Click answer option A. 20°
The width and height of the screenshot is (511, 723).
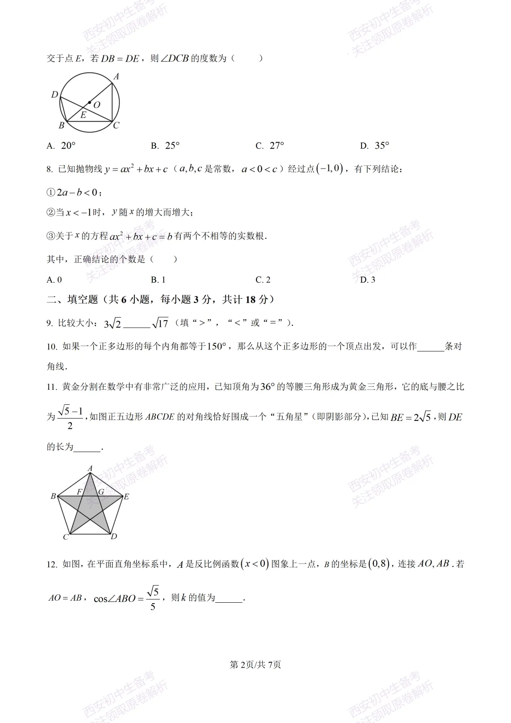click(61, 146)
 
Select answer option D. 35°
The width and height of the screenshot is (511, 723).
click(374, 146)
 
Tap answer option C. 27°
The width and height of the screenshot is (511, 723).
click(270, 146)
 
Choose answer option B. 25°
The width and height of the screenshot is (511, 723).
click(165, 146)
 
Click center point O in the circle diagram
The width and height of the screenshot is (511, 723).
click(89, 102)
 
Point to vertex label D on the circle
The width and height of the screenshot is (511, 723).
click(54, 95)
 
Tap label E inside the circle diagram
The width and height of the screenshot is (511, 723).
click(83, 115)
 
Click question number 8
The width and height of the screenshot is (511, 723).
click(50, 170)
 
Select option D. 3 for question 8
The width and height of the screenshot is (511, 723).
click(368, 280)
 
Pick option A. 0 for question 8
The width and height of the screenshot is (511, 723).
click(54, 280)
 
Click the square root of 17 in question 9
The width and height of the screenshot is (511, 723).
click(160, 323)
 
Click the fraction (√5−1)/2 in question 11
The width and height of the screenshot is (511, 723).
click(70, 417)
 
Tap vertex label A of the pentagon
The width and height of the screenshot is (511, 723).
click(90, 468)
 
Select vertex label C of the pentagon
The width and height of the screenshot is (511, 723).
click(66, 537)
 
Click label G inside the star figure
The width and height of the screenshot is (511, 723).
click(101, 492)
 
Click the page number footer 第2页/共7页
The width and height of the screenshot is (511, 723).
click(255, 665)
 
